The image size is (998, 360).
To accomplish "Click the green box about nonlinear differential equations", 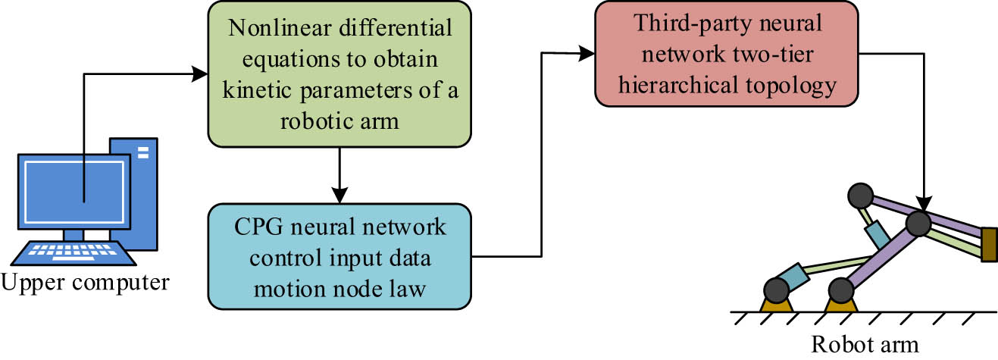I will (x=339, y=74).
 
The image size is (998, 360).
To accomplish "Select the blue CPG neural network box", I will (x=338, y=256).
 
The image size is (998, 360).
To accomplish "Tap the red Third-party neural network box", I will (x=727, y=53).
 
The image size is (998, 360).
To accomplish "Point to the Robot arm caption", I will (x=865, y=344).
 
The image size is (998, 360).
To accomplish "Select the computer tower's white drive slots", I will (x=142, y=153).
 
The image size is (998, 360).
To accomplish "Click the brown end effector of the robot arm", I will (x=988, y=243).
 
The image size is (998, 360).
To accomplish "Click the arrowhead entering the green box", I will (x=199, y=74).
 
